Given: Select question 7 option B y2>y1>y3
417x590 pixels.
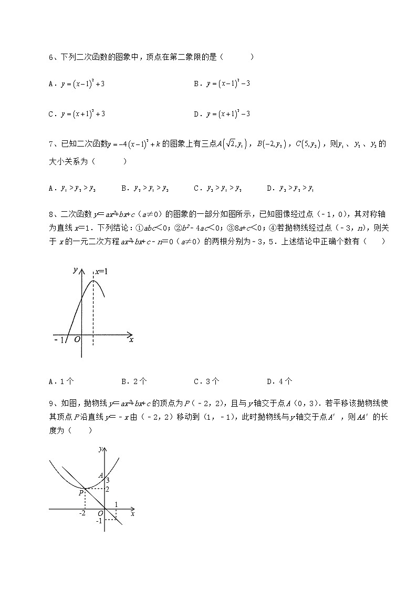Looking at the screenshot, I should (x=140, y=188).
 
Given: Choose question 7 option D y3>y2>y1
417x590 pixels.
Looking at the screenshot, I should (x=286, y=188).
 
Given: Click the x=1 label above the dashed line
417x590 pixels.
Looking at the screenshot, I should (x=101, y=272).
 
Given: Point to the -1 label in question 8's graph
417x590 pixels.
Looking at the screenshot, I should (x=58, y=340).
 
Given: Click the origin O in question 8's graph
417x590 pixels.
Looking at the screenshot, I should (x=77, y=340).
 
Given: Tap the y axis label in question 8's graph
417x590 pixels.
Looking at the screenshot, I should (x=76, y=270).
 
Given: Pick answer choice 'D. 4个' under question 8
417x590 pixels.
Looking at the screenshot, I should (x=280, y=382).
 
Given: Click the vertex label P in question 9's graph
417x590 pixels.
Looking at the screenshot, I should (x=81, y=493).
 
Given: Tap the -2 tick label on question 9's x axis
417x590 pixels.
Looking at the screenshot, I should (x=82, y=513).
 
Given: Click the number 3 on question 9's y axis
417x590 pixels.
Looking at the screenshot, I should (x=108, y=480).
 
